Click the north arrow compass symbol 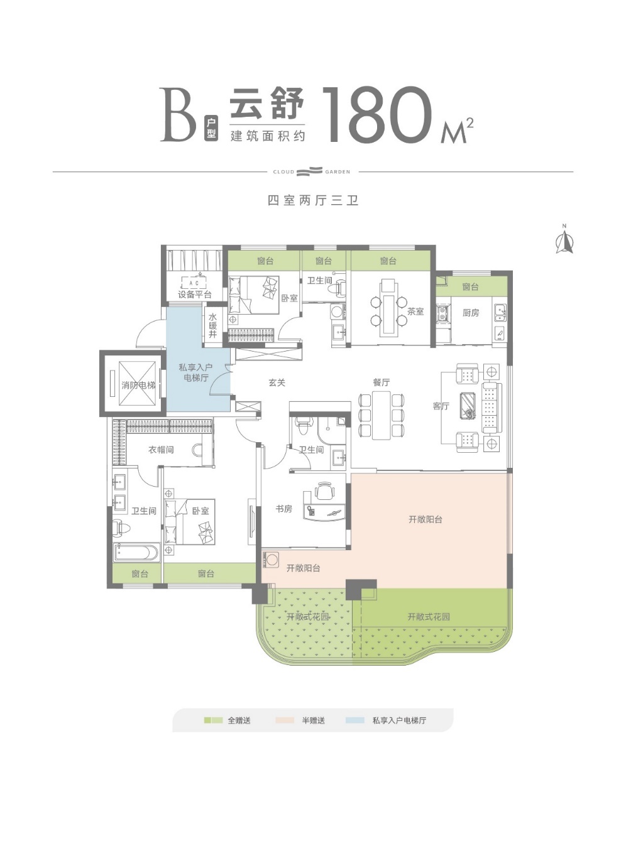[564, 239]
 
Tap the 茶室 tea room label [415, 311]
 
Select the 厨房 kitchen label [471, 313]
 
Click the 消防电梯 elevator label [138, 385]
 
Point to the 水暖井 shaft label [212, 325]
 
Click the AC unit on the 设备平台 [194, 283]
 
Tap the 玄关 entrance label [277, 382]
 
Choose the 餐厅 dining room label [382, 382]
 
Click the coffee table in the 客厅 [468, 406]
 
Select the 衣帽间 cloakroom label [161, 450]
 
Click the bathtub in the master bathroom [136, 552]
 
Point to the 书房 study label [284, 509]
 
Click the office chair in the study [324, 491]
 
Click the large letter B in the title [178, 114]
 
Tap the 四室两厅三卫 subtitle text [313, 200]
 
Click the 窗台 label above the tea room [388, 261]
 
